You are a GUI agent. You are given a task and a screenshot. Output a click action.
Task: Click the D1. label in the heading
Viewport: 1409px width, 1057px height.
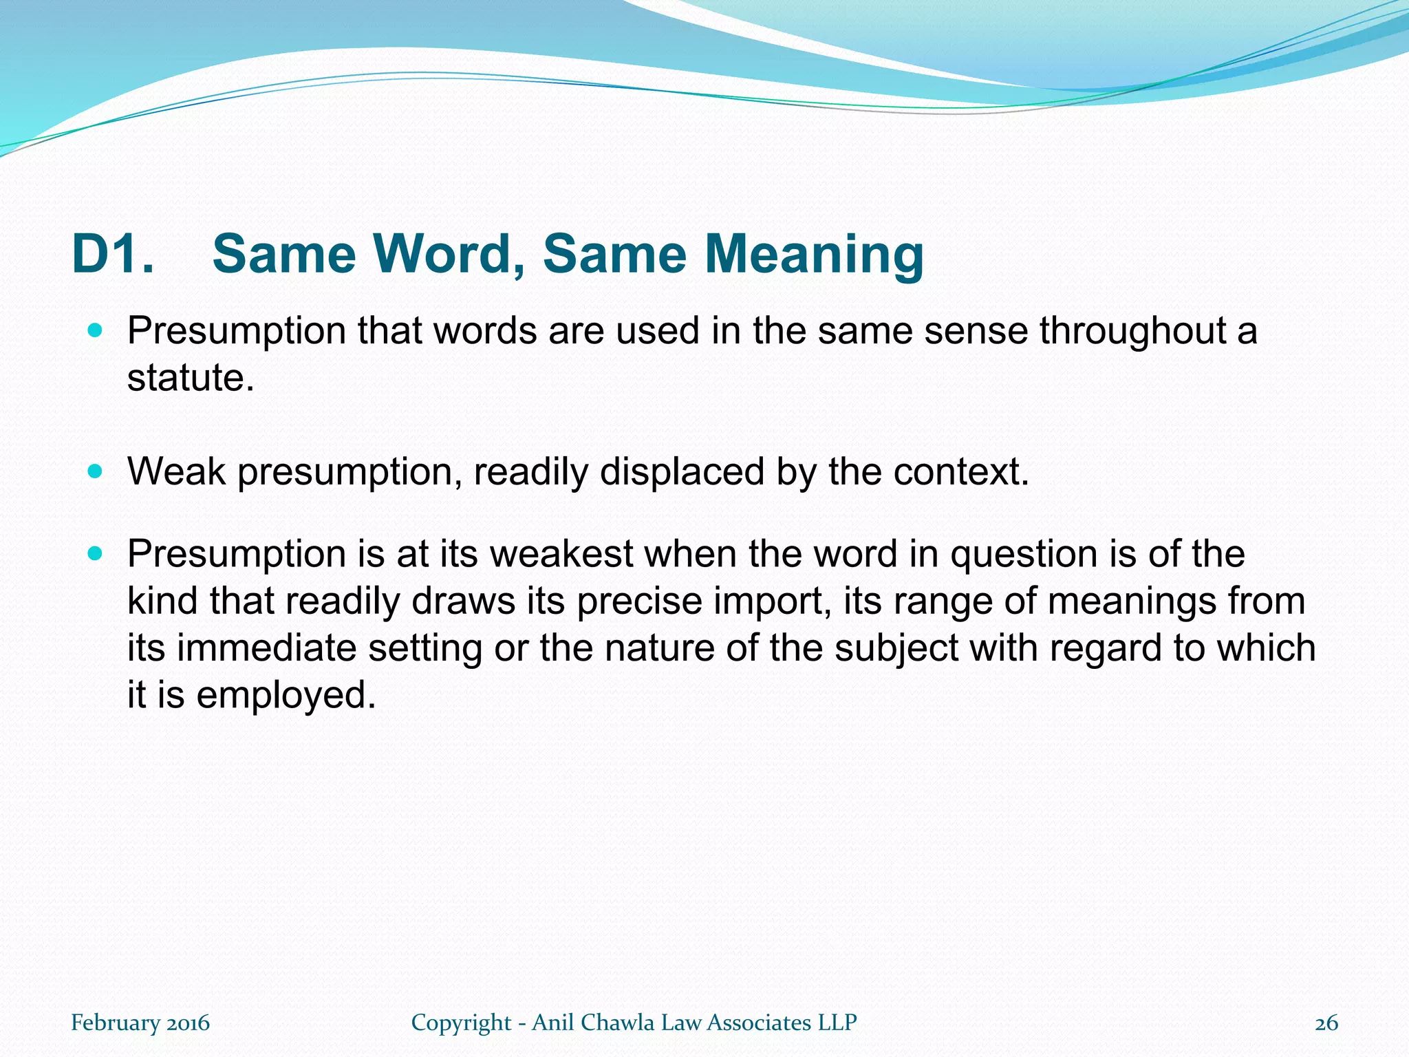(x=113, y=254)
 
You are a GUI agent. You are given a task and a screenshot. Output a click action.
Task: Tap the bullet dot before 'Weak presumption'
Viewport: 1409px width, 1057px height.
(x=95, y=472)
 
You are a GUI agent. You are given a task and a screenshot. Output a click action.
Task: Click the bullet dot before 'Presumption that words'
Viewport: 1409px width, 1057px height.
(x=95, y=331)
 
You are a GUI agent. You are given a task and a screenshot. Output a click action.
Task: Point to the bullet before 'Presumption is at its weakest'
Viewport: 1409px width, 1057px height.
(x=95, y=553)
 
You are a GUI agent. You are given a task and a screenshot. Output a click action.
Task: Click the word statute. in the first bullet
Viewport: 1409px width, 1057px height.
(x=191, y=378)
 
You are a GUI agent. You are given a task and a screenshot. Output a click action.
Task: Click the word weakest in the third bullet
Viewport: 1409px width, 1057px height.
(x=561, y=554)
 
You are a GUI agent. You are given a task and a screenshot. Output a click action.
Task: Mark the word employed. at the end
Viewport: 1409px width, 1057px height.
(x=286, y=695)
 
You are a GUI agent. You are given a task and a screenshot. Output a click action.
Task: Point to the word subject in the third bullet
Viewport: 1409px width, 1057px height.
(x=896, y=648)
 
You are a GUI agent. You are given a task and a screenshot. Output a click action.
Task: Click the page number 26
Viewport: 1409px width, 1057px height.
(x=1326, y=1023)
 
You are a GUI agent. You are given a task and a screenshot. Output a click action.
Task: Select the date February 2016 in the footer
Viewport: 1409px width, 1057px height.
(x=140, y=1023)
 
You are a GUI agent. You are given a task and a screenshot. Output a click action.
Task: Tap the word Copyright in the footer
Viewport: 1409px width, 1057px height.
(x=461, y=1023)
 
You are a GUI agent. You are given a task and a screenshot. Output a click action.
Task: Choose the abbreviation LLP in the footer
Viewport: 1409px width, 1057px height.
(x=837, y=1023)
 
